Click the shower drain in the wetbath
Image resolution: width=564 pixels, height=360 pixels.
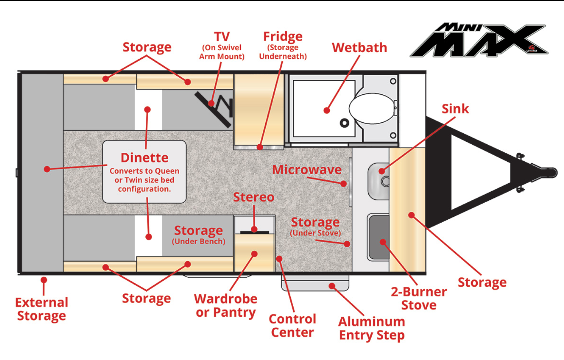pos(344,123)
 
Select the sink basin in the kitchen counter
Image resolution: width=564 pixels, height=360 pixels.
pos(379,181)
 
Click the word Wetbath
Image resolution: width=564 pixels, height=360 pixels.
pos(360,48)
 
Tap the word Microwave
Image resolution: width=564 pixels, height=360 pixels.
pos(307,169)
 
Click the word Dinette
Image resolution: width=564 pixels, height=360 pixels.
pos(145,158)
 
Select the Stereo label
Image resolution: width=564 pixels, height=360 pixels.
pos(254,197)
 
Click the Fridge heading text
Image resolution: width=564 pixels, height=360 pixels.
pos(283,37)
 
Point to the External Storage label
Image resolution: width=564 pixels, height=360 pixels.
pos(42,309)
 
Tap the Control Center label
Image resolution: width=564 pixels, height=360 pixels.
pos(292,326)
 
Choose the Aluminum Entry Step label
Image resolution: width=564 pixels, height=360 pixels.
pos(372,329)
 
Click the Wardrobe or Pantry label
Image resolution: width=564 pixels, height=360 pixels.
pos(226,306)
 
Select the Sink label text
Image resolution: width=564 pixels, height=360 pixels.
pos(455,109)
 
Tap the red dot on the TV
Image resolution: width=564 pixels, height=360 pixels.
pos(211,103)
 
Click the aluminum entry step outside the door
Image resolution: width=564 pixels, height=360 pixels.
pos(315,283)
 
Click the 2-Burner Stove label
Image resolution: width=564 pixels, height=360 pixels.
pos(419,298)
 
